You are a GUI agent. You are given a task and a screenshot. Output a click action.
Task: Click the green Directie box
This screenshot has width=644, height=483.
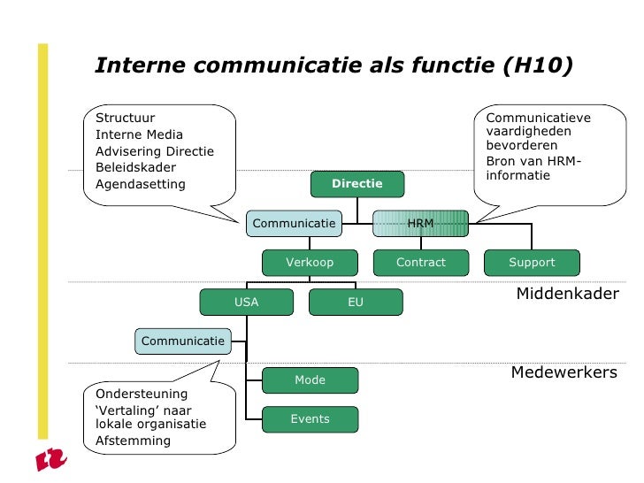357,184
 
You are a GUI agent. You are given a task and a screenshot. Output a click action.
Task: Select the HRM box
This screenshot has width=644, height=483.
419,224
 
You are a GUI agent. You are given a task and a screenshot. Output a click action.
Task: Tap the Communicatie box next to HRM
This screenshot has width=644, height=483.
295,224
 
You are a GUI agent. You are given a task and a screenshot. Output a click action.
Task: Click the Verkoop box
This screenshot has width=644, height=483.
310,263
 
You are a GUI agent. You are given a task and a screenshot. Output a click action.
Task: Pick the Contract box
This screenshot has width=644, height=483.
420,263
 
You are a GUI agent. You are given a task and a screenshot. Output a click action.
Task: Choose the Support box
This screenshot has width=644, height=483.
532,263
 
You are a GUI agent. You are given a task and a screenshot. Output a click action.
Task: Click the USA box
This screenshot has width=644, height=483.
246,303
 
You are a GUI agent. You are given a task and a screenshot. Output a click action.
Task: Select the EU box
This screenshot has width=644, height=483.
356,303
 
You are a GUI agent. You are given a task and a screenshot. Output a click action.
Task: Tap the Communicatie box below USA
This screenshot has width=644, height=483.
183,341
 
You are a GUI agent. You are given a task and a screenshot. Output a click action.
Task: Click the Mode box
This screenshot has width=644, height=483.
310,380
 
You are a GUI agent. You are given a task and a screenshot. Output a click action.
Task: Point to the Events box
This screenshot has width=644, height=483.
310,419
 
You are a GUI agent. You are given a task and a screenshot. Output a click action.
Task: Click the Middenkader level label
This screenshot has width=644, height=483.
567,294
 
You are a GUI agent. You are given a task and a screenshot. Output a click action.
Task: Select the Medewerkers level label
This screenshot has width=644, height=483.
563,373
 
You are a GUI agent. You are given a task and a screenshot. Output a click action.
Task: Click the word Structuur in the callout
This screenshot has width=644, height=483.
125,118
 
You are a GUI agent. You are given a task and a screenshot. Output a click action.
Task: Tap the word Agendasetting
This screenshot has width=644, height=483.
140,185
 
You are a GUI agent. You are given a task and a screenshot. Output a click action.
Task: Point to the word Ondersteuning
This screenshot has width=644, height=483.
142,394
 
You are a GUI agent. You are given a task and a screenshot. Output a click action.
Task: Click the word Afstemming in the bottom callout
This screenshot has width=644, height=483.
133,441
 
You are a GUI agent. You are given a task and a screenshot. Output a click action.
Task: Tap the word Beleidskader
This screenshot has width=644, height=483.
135,167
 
